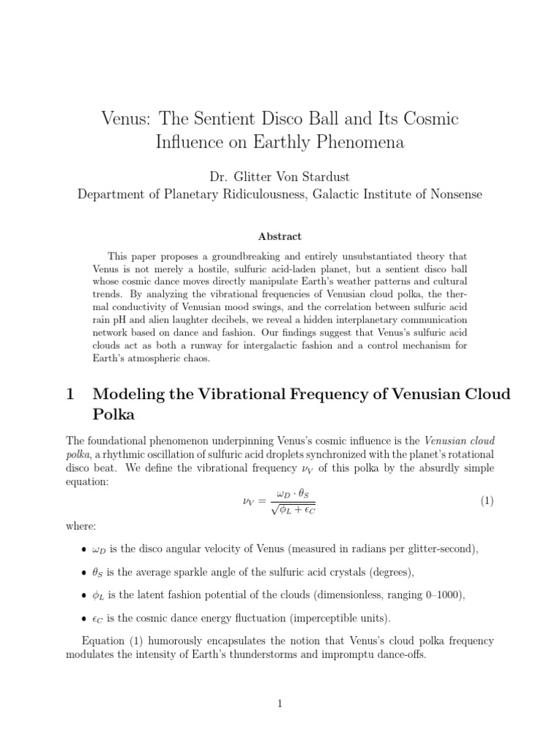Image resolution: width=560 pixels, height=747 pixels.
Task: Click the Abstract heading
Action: pos(280,236)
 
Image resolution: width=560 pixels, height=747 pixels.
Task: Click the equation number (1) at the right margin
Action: pos(486,500)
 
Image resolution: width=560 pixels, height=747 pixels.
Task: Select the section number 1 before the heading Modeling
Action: pos(71,395)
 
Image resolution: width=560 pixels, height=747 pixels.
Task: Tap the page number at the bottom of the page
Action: pos(280,703)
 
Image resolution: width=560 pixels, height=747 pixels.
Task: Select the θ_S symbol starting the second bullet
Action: pos(100,572)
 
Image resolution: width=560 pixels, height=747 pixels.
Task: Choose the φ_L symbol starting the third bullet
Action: pos(100,595)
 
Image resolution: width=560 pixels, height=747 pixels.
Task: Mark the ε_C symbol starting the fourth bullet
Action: pos(99,619)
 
